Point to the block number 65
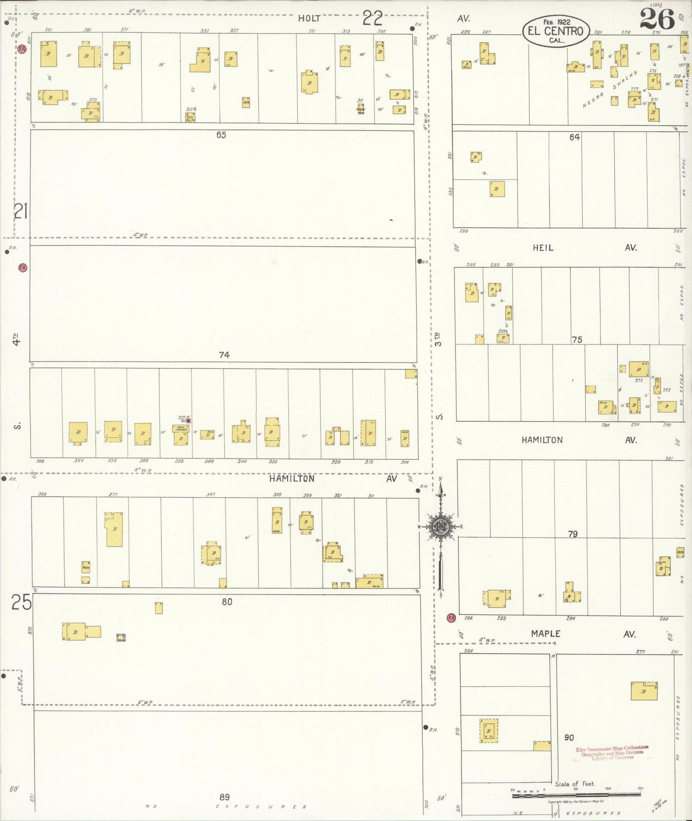pyautogui.click(x=221, y=135)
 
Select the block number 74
pyautogui.click(x=224, y=355)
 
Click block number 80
pyautogui.click(x=227, y=602)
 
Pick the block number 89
pyautogui.click(x=225, y=797)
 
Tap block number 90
pyautogui.click(x=569, y=738)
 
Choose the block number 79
pyautogui.click(x=573, y=534)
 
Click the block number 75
pyautogui.click(x=577, y=340)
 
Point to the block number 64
pyautogui.click(x=575, y=137)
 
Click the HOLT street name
pyautogui.click(x=309, y=19)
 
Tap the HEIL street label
pyautogui.click(x=543, y=248)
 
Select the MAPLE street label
pyautogui.click(x=545, y=634)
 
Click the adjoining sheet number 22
pyautogui.click(x=373, y=18)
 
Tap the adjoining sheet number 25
pyautogui.click(x=21, y=602)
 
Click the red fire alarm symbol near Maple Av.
pyautogui.click(x=451, y=618)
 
